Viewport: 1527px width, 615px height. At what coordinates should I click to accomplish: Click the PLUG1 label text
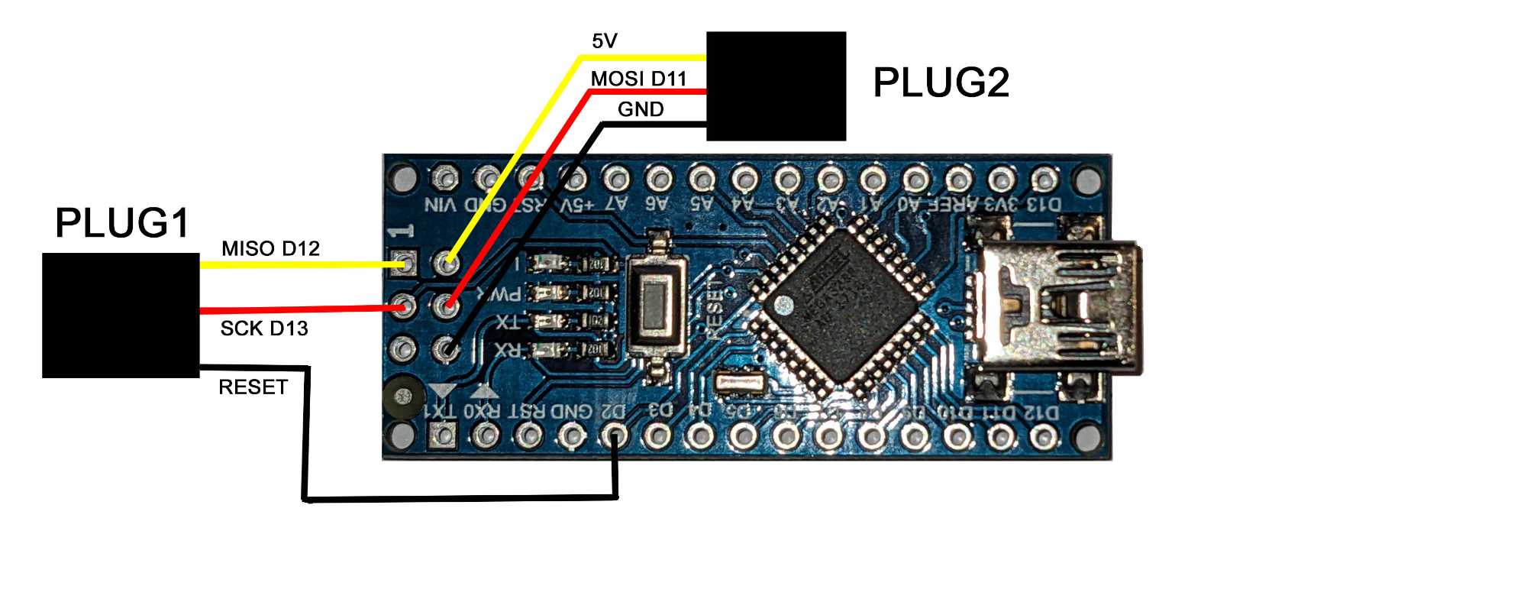[x=122, y=223]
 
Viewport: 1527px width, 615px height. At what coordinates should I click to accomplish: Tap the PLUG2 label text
[x=941, y=83]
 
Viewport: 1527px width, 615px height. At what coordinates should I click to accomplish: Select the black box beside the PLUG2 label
[x=776, y=86]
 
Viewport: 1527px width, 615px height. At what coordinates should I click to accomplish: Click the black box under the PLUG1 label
[x=121, y=315]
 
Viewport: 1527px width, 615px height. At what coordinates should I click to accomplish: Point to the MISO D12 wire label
[x=270, y=248]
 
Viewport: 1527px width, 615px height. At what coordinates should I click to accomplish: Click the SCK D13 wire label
[x=263, y=329]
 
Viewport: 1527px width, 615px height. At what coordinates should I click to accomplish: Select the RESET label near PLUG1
[x=253, y=387]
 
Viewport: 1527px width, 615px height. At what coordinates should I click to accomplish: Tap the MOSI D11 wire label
[x=638, y=78]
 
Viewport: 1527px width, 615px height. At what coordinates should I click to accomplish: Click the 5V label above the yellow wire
[x=604, y=41]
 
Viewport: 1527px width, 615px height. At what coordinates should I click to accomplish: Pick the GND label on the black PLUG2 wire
[x=641, y=109]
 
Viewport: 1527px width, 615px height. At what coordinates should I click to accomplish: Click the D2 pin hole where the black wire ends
[x=615, y=436]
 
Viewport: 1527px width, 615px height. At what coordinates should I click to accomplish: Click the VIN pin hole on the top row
[x=443, y=178]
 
